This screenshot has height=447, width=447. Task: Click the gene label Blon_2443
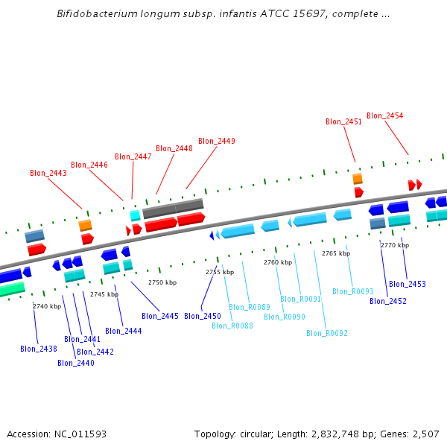48,173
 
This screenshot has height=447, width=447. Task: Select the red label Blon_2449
217,141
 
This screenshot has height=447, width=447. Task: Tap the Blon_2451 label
344,121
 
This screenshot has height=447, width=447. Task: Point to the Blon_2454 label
385,115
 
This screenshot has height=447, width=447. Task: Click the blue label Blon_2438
39,349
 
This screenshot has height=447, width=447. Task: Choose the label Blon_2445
160,316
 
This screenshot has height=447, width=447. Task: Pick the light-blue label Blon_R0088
232,326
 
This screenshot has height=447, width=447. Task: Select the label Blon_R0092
327,333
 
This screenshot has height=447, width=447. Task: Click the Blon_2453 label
408,284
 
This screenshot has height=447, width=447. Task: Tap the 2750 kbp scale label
162,283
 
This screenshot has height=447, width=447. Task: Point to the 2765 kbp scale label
336,253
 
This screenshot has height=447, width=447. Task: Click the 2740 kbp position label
47,306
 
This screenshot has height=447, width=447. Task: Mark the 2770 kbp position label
395,245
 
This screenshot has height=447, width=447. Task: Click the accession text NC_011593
80,434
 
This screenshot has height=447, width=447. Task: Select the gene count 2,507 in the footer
425,434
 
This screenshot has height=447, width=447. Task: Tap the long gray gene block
173,209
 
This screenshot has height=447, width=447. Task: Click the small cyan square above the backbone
135,215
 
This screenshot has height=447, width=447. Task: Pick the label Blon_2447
133,156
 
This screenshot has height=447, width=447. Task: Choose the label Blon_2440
76,363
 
